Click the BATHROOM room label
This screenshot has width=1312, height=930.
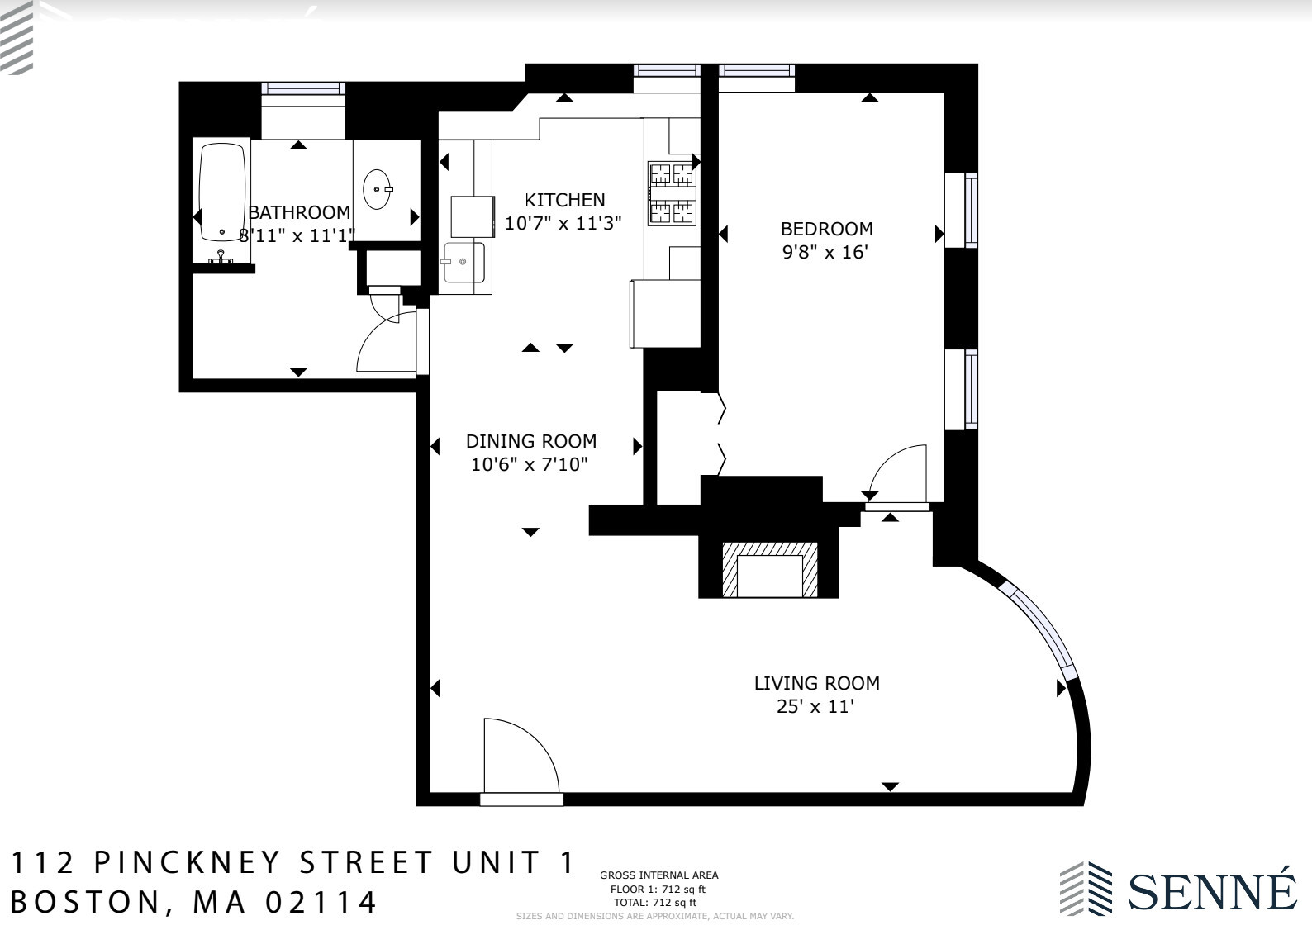pyautogui.click(x=299, y=212)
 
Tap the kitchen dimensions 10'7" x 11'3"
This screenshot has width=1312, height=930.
pyautogui.click(x=563, y=223)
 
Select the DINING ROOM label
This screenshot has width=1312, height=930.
pyautogui.click(x=530, y=441)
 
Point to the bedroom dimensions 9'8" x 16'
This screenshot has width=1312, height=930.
pyautogui.click(x=825, y=252)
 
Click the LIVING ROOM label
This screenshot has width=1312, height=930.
pyautogui.click(x=816, y=683)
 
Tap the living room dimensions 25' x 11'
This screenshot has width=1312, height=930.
pyautogui.click(x=815, y=707)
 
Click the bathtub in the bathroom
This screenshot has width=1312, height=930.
pyautogui.click(x=222, y=192)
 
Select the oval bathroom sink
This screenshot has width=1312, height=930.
pyautogui.click(x=378, y=189)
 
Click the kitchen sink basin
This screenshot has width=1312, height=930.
pyautogui.click(x=463, y=263)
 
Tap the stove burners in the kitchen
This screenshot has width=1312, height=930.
pyautogui.click(x=671, y=194)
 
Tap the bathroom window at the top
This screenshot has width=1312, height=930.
pyautogui.click(x=302, y=89)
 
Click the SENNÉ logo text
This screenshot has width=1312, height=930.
pyautogui.click(x=1212, y=890)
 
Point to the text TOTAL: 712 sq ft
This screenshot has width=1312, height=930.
pyautogui.click(x=654, y=903)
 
